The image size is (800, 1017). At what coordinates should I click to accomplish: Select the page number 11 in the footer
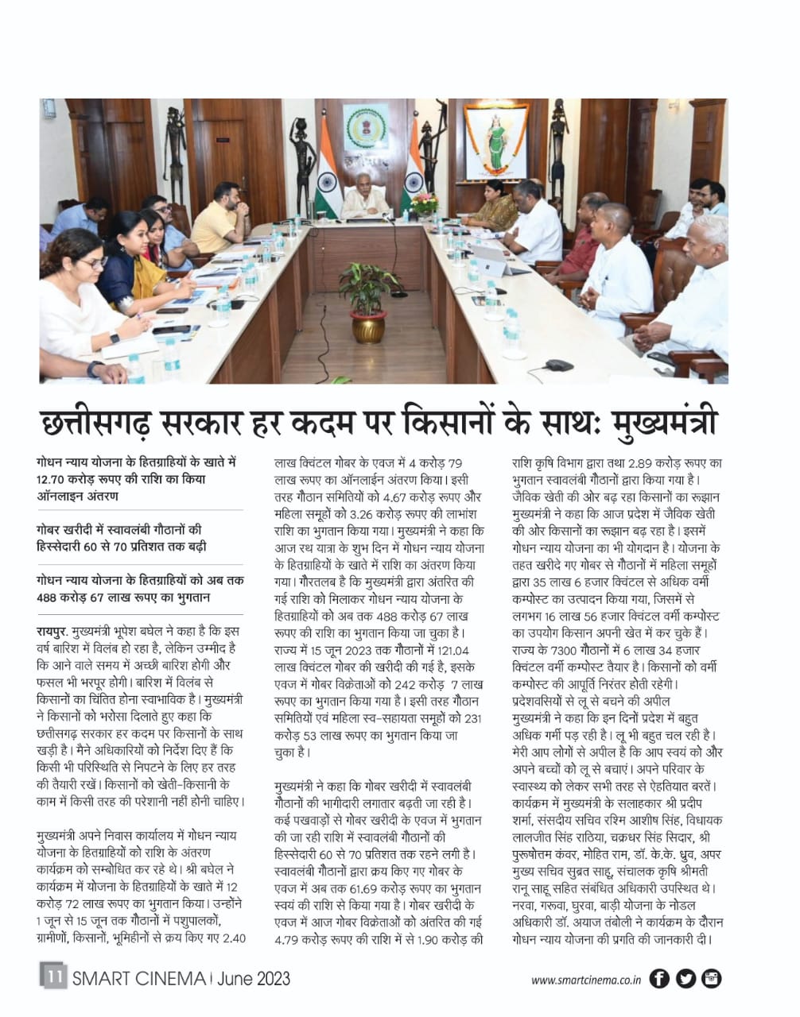53,976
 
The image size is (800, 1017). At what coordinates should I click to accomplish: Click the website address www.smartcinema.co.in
586,980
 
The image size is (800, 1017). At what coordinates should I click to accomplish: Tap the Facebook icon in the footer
659,979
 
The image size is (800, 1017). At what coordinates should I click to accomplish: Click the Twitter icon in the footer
685,979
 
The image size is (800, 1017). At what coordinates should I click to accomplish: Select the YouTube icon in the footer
711,979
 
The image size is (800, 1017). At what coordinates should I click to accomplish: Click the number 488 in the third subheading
50,597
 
